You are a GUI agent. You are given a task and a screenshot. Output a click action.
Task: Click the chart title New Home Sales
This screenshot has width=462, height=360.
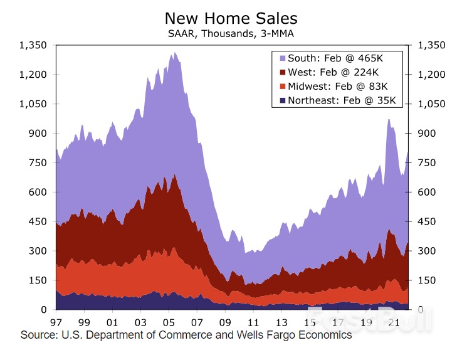pos(231,18)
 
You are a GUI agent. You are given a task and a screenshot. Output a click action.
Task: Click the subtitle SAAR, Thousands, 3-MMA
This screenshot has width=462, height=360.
pos(231,33)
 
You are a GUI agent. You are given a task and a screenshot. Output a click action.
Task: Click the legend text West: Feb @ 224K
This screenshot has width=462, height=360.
pos(330,72)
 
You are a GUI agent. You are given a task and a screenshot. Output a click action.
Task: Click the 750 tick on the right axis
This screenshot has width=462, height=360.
pos(423,163)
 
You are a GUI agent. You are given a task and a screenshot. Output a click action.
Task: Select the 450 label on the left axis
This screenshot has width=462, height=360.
pos(38,221)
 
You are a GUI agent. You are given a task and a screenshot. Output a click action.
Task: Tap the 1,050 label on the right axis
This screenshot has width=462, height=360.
pos(427,104)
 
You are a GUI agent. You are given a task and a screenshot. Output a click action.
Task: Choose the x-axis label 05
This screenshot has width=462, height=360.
pos(169,322)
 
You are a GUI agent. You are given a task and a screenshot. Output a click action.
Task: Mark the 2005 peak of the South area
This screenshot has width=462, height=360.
pos(174,53)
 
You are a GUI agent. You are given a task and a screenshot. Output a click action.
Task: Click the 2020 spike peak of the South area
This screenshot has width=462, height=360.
pos(389,119)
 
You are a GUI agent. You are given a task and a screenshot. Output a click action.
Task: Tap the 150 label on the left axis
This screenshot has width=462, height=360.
pos(38,280)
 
